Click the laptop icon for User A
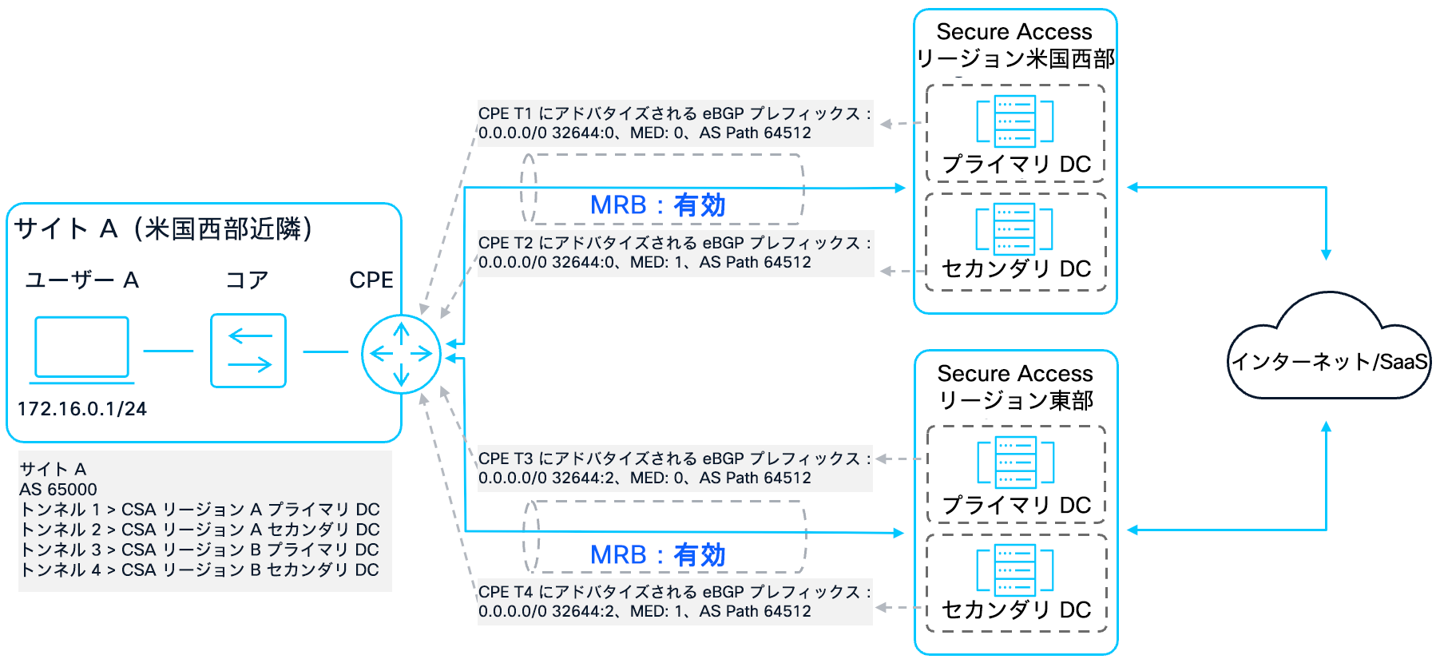[81, 349]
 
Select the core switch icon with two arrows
[248, 351]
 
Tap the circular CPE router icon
[401, 354]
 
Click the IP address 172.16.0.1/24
[82, 409]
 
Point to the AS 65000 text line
[58, 489]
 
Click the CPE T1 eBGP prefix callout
[674, 123]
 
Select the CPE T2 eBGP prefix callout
[674, 252]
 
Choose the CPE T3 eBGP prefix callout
[674, 468]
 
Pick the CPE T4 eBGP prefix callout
[674, 601]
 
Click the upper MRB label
[657, 205]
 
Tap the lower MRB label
[657, 554]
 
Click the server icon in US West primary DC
[1015, 121]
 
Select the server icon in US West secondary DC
[1014, 229]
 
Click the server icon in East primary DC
[1016, 463]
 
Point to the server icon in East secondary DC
[1015, 570]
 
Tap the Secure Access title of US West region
[1014, 32]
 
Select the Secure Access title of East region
[1015, 374]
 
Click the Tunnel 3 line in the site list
[199, 550]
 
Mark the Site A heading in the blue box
[163, 229]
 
